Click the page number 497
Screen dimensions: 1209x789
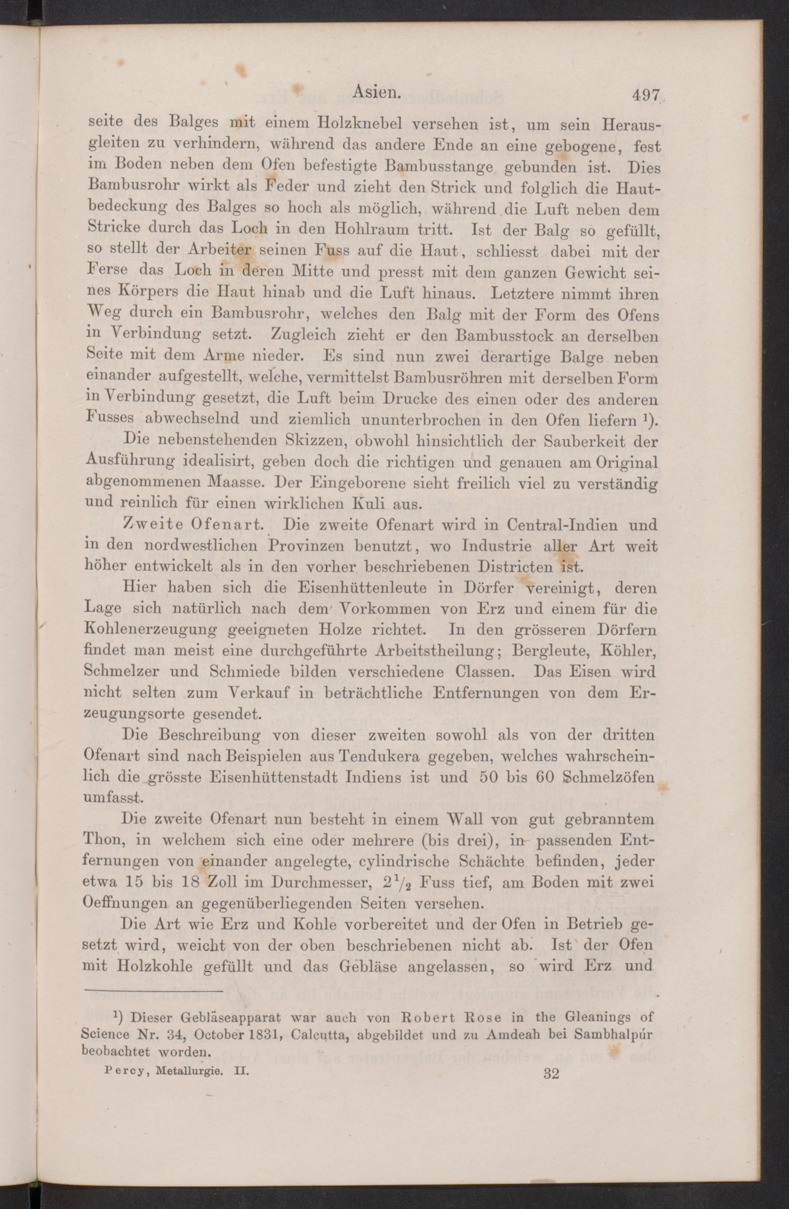pos(645,95)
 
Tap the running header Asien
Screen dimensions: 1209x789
pos(374,91)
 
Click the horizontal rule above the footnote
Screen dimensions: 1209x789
pos(153,990)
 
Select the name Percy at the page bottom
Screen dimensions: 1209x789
pos(120,1072)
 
